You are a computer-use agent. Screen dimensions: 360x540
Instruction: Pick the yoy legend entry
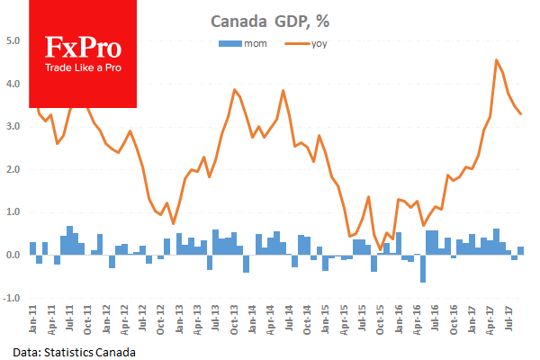[x=310, y=42]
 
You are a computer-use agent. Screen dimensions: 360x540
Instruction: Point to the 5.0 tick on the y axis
[x=13, y=40]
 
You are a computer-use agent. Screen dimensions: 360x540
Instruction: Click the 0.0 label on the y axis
[x=13, y=256]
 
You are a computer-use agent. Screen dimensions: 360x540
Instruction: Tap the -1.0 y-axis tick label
[x=13, y=298]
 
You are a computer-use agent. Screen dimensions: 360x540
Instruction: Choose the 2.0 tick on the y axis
[x=13, y=169]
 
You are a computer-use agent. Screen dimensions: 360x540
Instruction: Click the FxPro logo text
[x=83, y=49]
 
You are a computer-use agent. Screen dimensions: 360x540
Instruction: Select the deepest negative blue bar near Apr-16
[x=423, y=268]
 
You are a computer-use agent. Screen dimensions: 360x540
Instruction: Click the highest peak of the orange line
[x=498, y=60]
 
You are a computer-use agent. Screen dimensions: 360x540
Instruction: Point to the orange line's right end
[x=522, y=114]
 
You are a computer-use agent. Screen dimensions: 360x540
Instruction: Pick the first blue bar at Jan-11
[x=33, y=248]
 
